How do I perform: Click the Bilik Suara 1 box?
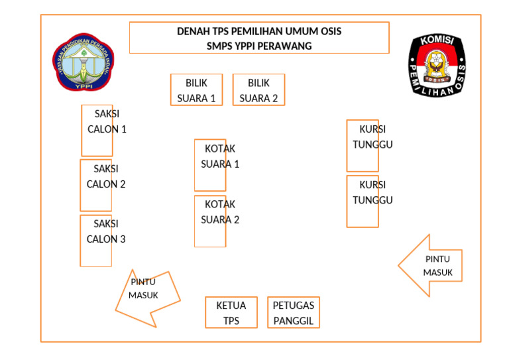point(196,90)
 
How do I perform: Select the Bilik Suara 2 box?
point(258,90)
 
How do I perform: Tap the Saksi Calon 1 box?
point(97,130)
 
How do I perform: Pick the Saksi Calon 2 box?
point(96,185)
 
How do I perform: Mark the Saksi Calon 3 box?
point(96,240)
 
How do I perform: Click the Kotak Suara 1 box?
point(210,165)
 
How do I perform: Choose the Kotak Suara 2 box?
point(210,221)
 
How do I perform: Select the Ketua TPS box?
point(231,313)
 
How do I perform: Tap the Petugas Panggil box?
point(294,313)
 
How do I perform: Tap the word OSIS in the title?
point(329,31)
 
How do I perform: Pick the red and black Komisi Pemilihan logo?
point(436,65)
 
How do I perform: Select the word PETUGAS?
point(294,306)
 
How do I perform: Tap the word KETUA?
point(231,306)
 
